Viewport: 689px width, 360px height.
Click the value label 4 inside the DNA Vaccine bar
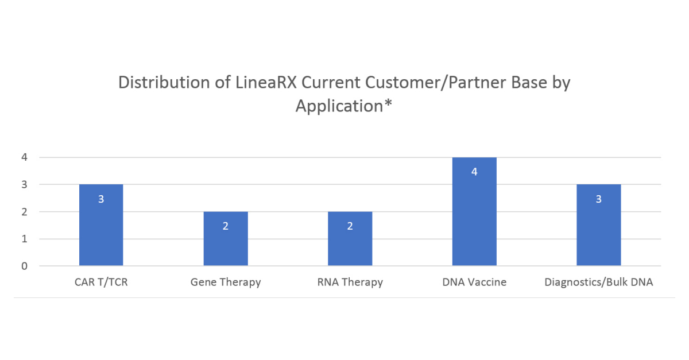tap(474, 172)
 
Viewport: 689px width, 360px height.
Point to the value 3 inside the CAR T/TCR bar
tap(101, 199)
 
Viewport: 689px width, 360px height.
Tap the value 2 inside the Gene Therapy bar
tap(226, 226)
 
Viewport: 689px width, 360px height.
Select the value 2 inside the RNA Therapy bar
tap(350, 226)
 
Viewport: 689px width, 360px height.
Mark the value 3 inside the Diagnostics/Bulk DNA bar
tap(599, 199)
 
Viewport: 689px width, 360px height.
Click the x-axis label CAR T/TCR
tap(101, 282)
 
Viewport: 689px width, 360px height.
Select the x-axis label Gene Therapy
tap(226, 282)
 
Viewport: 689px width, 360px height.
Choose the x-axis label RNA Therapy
tap(350, 282)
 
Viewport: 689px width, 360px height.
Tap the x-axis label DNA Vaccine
tap(474, 282)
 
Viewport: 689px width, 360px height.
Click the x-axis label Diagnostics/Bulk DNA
tap(599, 282)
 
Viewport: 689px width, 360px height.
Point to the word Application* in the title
tap(344, 106)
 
